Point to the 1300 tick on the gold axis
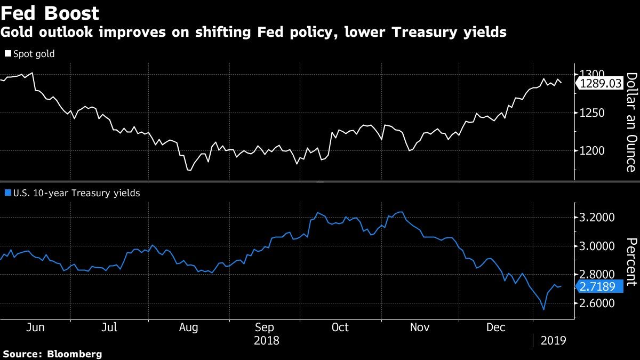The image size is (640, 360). [592, 74]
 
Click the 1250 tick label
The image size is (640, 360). [592, 113]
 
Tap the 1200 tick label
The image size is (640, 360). [592, 151]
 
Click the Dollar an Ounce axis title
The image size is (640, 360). [630, 122]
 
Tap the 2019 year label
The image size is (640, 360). [554, 340]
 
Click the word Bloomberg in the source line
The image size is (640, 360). [75, 354]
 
